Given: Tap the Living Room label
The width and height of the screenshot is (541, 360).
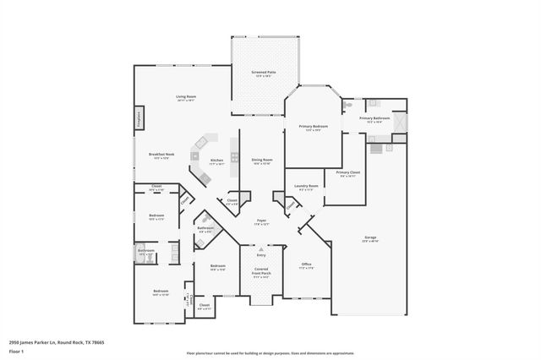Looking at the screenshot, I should [x=186, y=98].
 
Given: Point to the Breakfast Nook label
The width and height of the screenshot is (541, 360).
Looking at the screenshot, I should [x=161, y=155].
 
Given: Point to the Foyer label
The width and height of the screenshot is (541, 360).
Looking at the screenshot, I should [x=262, y=221].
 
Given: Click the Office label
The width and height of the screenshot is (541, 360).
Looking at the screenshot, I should [x=307, y=265].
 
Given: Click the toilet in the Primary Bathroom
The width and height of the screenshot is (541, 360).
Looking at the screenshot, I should [x=348, y=106].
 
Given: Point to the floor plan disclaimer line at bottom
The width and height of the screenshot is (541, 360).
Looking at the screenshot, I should [x=270, y=353].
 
